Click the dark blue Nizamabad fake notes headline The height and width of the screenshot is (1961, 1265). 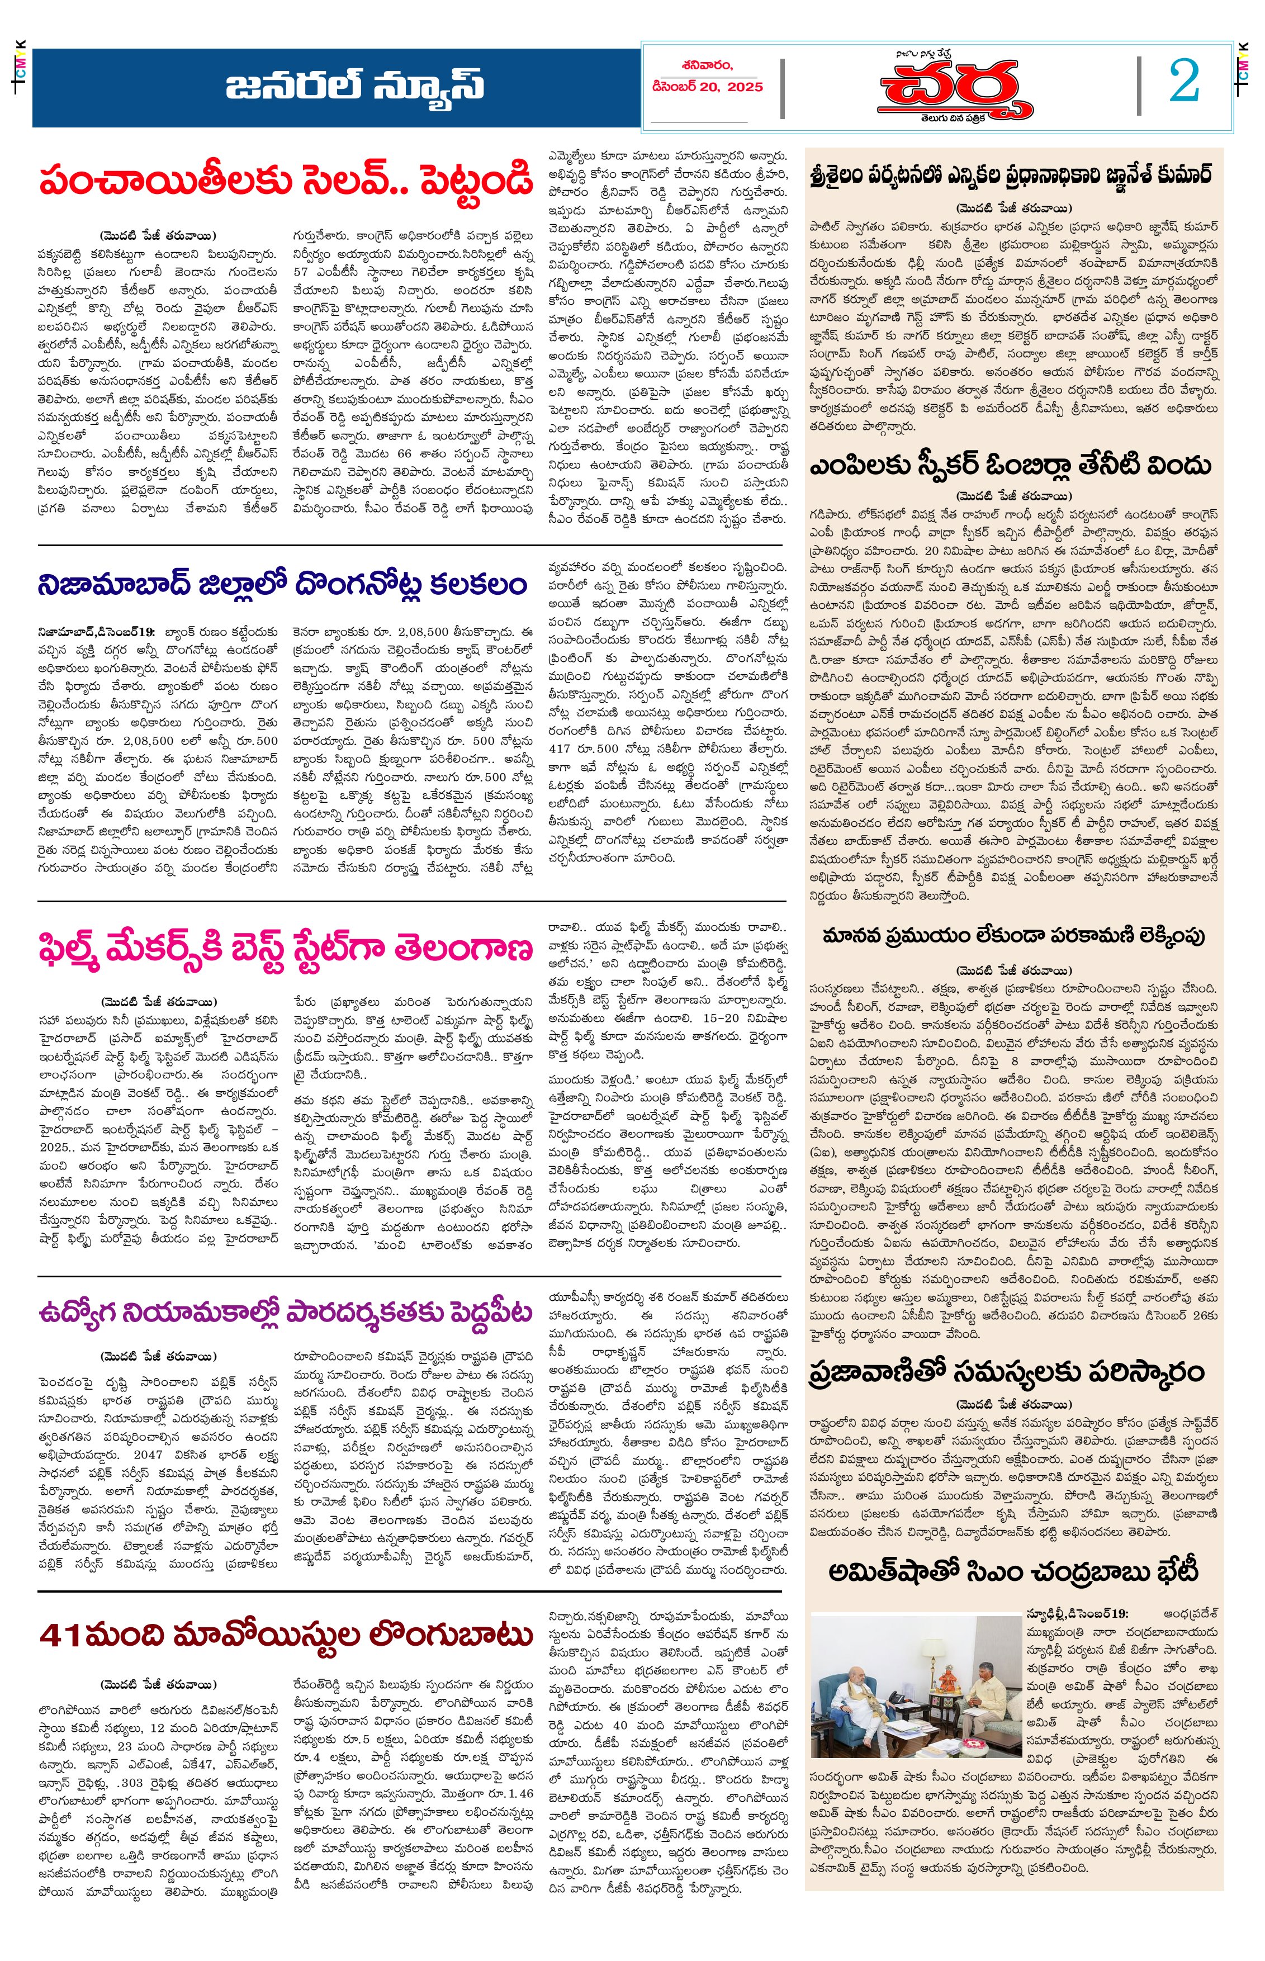click(282, 585)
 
